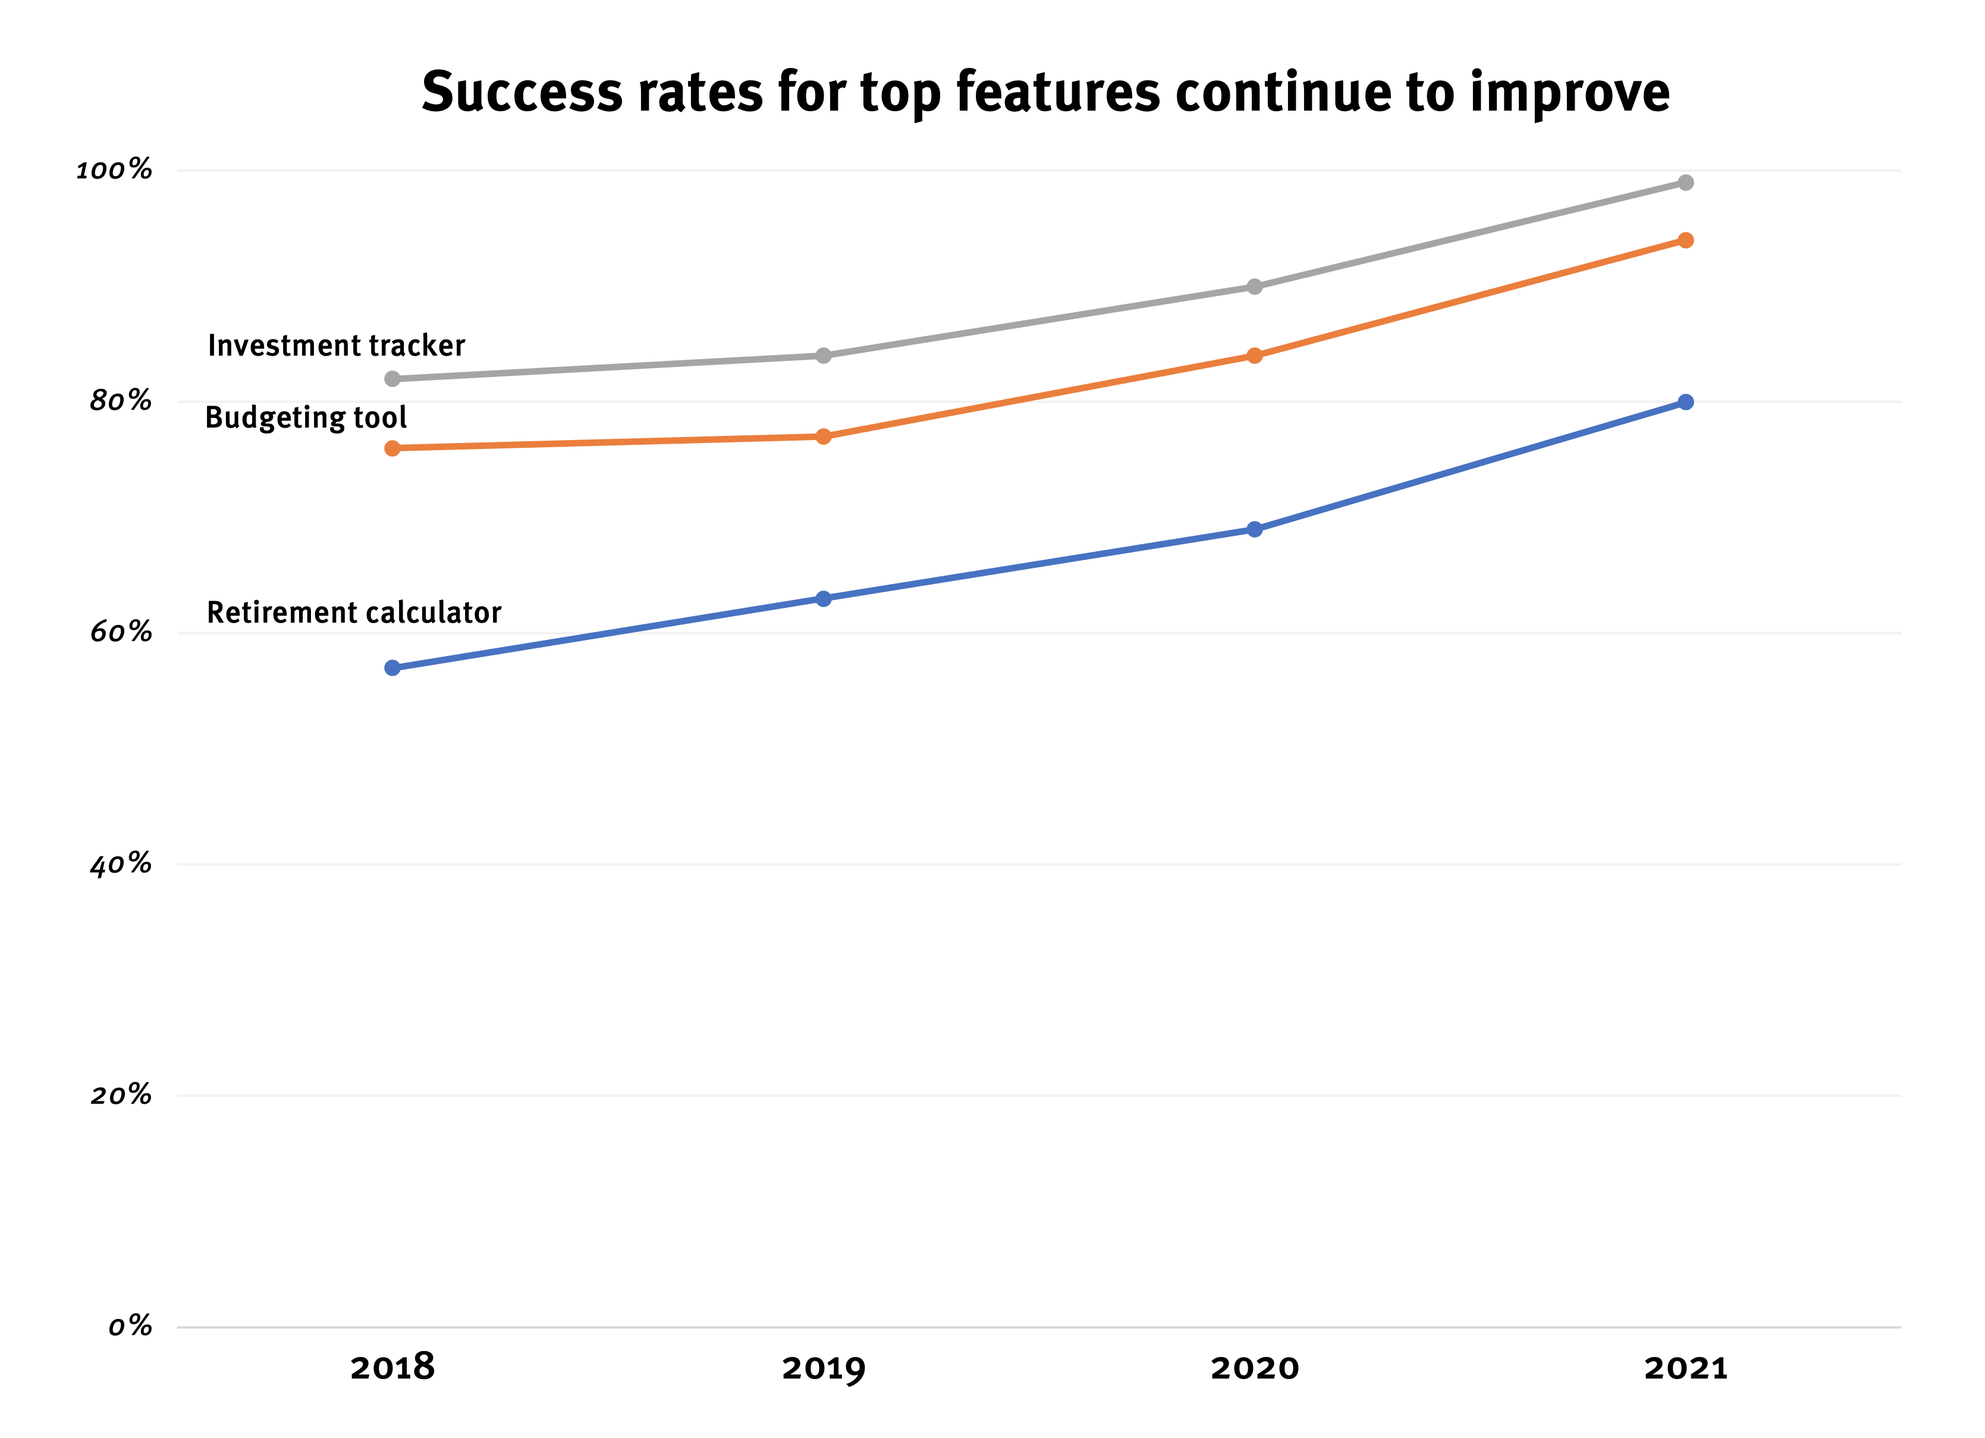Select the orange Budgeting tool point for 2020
click(1254, 356)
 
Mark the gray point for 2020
click(1254, 286)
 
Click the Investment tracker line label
click(336, 346)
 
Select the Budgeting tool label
click(306, 417)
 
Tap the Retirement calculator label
click(354, 613)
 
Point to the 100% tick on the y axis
click(114, 170)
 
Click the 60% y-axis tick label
click(121, 632)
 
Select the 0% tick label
click(130, 1327)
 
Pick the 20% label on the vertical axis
click(121, 1095)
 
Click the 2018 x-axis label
click(392, 1368)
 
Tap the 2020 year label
click(1254, 1368)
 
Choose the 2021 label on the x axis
click(1686, 1368)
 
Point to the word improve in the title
click(1569, 93)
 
